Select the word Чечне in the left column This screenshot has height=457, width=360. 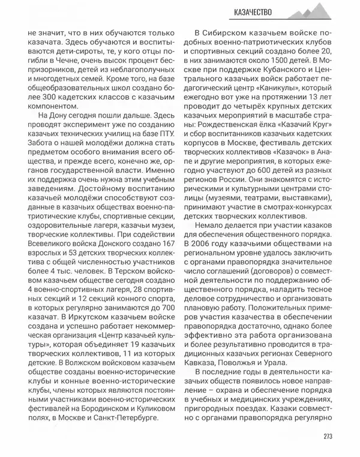pos(73,61)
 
